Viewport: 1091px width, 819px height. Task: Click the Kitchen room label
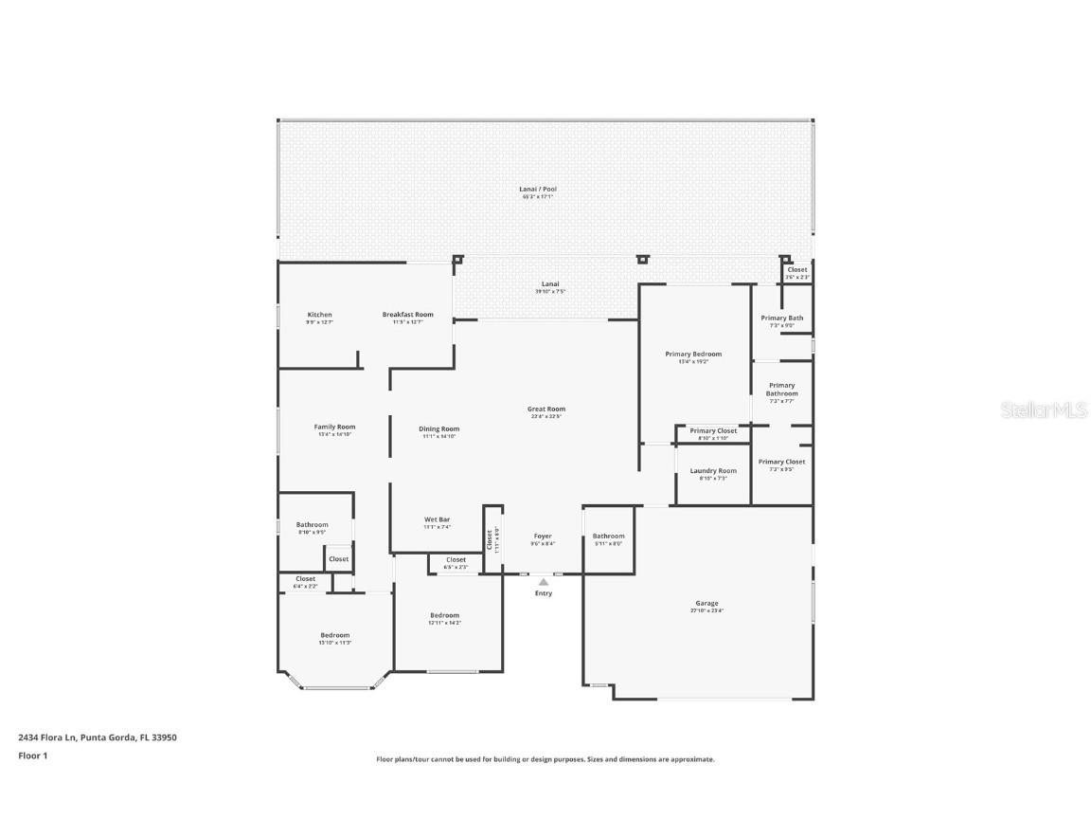coord(319,315)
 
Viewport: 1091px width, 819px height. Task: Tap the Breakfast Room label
coord(407,315)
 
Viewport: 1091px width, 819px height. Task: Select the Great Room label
coord(545,409)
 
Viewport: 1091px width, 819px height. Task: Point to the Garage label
coord(706,604)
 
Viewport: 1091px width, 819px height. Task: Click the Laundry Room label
coord(712,471)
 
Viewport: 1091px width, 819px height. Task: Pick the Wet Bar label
coord(437,519)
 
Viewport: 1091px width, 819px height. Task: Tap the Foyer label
coord(543,537)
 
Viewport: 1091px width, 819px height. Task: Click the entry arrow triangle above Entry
coord(543,582)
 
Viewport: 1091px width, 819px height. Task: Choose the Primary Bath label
coord(781,318)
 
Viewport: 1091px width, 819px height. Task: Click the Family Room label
coord(333,428)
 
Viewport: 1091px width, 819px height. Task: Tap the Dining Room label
coord(438,429)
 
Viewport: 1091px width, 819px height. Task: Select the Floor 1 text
coord(32,755)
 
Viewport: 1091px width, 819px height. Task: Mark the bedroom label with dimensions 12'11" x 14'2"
coord(443,616)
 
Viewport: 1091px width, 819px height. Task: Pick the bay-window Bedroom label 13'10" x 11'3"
coord(334,636)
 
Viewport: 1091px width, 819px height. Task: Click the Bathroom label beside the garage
coord(608,537)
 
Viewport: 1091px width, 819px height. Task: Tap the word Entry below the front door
coord(543,593)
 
